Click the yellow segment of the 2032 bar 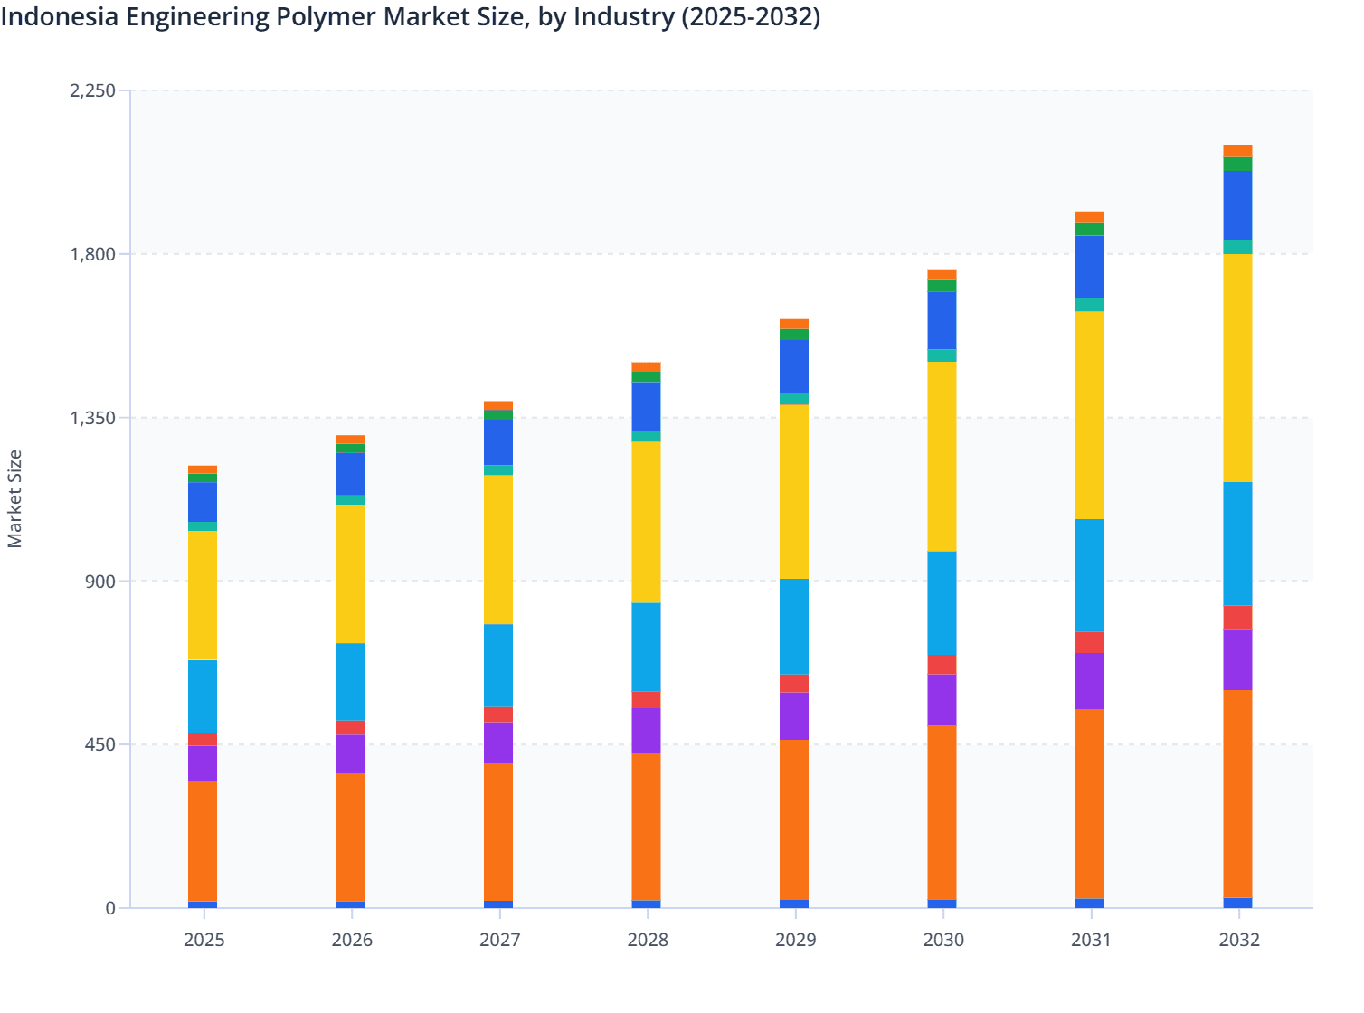tap(1237, 368)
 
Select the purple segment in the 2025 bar tap(203, 763)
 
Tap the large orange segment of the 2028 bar tap(646, 826)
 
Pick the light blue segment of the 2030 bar tap(942, 602)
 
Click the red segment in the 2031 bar tap(1090, 642)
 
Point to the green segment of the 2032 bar tap(1237, 164)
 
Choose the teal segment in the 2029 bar tap(794, 399)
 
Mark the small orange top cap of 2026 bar tap(351, 440)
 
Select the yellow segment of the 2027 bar tap(498, 549)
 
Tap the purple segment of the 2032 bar tap(1237, 659)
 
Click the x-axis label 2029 tap(795, 940)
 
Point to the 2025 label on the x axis tap(204, 940)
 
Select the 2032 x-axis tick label tap(1238, 940)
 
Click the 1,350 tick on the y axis tap(92, 418)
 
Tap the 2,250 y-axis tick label tap(92, 90)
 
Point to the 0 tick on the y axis tap(110, 908)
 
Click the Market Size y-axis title tap(15, 498)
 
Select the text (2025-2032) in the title tap(750, 17)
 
